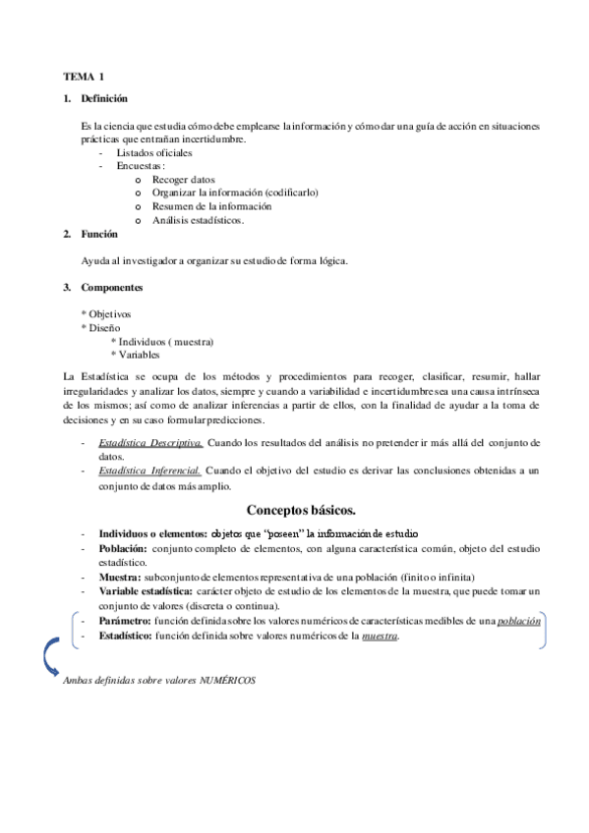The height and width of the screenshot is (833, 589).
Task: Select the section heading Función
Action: pos(100,234)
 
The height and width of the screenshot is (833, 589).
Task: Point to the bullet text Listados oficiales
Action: pos(154,152)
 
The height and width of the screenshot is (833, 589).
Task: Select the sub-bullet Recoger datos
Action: pos(183,180)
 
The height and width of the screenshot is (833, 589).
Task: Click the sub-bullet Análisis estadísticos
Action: pos(198,220)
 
